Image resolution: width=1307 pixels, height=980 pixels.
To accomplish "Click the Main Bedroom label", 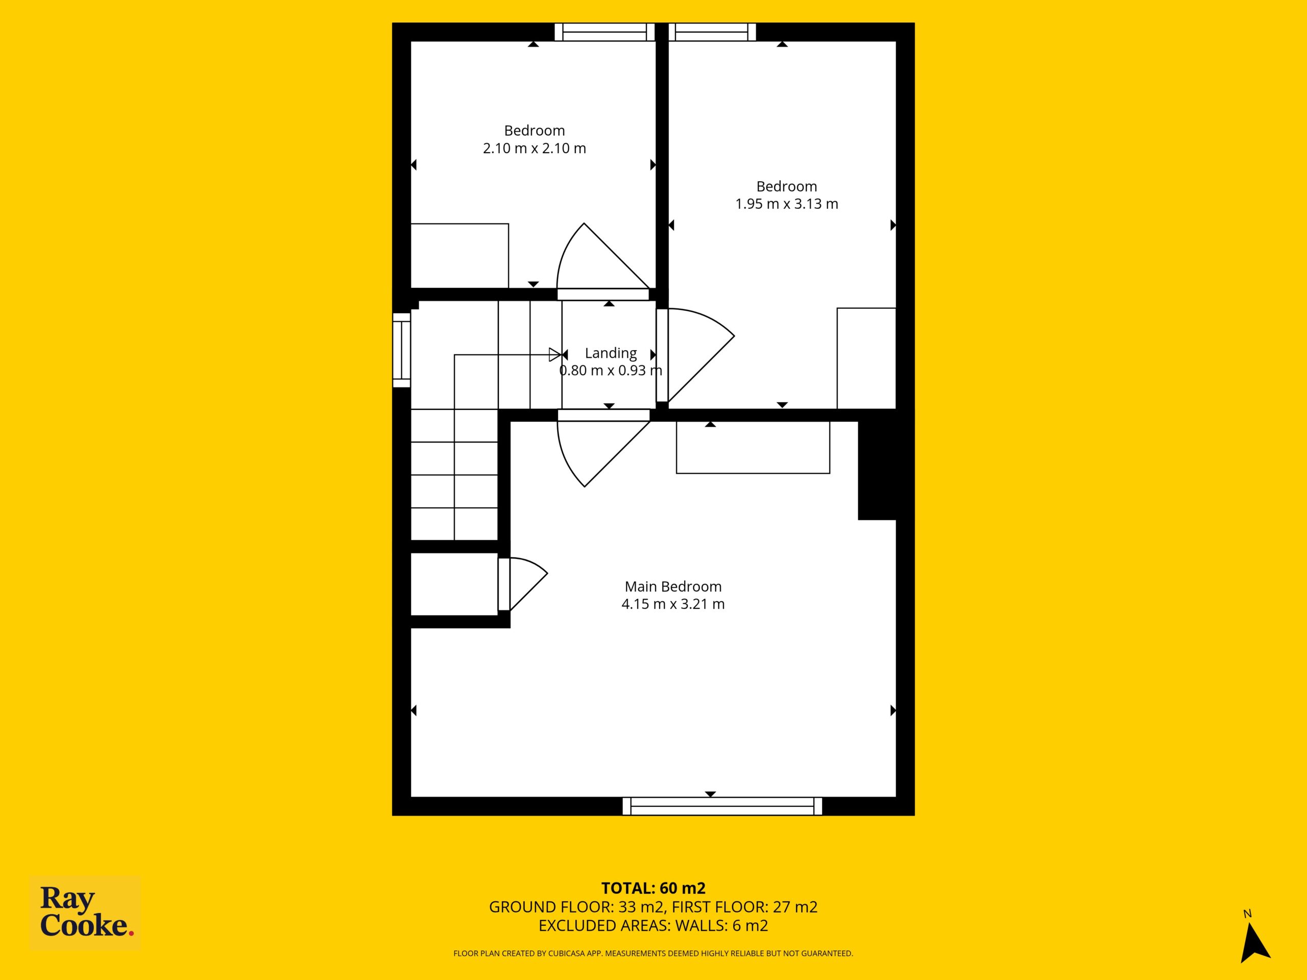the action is tap(673, 586).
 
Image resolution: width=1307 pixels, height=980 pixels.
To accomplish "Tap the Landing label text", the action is tap(611, 353).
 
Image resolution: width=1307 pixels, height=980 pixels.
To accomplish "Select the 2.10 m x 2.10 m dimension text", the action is tap(534, 148).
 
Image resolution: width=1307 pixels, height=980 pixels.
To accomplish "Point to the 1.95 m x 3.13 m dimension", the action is tap(786, 204).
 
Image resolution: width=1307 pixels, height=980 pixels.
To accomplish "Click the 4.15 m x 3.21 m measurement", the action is tap(673, 604).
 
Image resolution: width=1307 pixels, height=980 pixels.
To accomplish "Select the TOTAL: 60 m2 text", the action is tap(653, 888).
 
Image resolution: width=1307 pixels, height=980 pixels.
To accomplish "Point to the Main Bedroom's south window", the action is tap(722, 806).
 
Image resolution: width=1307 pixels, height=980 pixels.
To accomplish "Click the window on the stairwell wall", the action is tap(402, 350).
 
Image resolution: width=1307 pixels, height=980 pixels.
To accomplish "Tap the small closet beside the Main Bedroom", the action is tap(454, 583).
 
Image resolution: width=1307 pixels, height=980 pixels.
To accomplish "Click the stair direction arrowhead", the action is tap(555, 354).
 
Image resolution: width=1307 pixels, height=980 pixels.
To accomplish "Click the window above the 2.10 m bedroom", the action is tap(605, 32).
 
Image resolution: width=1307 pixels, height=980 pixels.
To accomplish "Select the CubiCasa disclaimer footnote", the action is tap(653, 953).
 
